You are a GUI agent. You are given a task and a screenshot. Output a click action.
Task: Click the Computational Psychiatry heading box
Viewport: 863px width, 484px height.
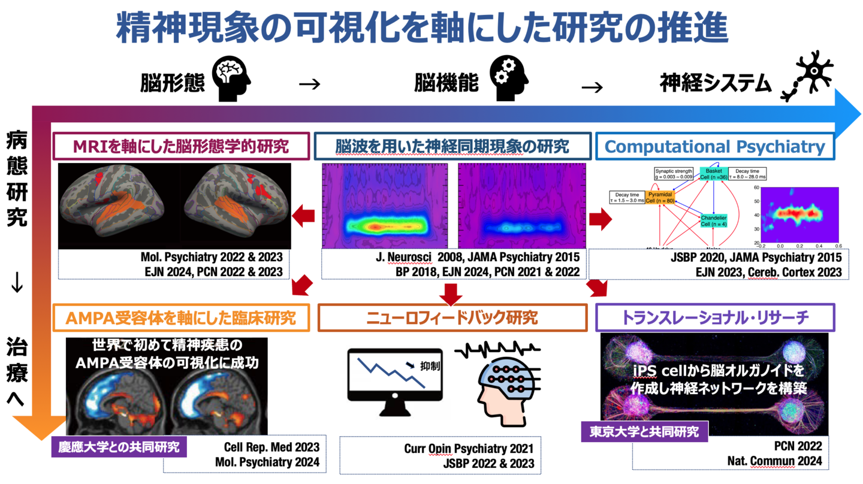714,146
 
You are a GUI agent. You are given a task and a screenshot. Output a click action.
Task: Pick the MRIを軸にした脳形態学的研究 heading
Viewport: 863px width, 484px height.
182,146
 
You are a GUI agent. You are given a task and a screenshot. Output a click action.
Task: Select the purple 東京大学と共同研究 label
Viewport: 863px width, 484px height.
644,431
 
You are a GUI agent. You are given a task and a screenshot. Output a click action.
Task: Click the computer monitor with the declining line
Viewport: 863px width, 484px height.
395,383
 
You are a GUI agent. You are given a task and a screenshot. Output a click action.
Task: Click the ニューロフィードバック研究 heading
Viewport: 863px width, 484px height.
452,317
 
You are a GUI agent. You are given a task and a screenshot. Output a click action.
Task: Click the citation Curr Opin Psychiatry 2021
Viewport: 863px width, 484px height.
468,448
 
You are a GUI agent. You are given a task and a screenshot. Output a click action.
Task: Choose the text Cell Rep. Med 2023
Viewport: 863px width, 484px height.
271,447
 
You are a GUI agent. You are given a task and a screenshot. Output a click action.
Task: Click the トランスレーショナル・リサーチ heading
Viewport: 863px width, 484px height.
714,317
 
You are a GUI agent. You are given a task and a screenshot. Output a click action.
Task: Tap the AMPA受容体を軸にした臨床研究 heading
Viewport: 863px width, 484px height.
182,317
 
